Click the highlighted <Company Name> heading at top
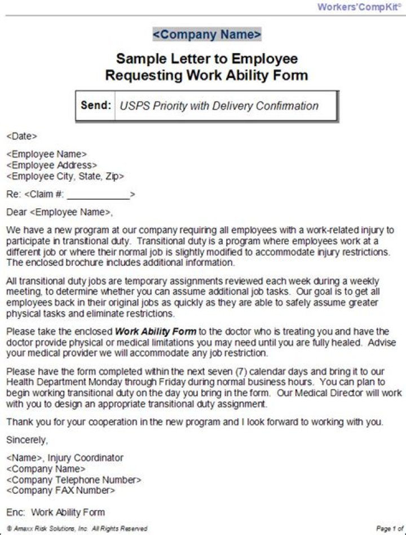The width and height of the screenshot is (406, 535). [207, 34]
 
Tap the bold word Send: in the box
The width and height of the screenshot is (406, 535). [96, 106]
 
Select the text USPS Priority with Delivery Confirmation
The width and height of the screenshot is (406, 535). [219, 106]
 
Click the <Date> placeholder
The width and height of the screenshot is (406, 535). [21, 136]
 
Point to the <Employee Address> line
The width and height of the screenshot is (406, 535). [51, 165]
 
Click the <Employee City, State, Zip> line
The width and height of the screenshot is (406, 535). [65, 177]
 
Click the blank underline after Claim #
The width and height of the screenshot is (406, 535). [98, 195]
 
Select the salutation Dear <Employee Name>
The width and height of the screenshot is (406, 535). [59, 212]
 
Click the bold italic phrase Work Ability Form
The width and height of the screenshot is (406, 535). [156, 331]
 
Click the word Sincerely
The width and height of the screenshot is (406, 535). [27, 440]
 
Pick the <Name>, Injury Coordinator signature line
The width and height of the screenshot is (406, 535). [64, 458]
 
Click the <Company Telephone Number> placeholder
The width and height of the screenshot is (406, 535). [73, 480]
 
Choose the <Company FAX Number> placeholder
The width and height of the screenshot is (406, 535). [60, 490]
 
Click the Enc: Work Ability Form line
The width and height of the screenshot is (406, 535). [55, 512]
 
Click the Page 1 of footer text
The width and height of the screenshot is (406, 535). [390, 529]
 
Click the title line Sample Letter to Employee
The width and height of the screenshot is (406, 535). [207, 59]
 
